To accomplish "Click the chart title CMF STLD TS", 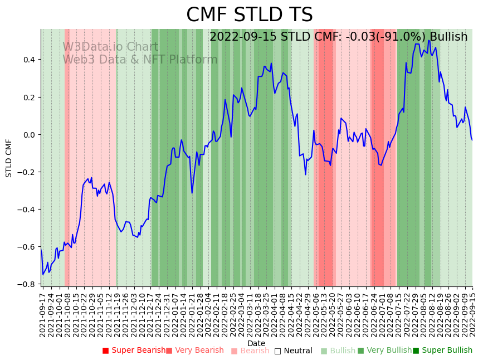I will (x=249, y=15).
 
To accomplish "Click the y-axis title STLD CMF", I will (x=9, y=158).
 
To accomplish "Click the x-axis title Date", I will (x=256, y=343).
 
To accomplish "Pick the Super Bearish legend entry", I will (x=134, y=351).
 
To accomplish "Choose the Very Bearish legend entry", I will (x=194, y=351).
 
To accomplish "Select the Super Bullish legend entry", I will (x=442, y=351).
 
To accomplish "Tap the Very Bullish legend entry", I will (x=384, y=351).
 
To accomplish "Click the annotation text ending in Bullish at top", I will (x=338, y=37).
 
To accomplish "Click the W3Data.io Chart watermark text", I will (x=110, y=47).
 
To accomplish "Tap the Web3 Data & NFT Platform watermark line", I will (x=140, y=60).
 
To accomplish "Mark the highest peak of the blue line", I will (x=429, y=40).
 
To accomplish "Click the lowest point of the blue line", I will (x=43, y=274).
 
